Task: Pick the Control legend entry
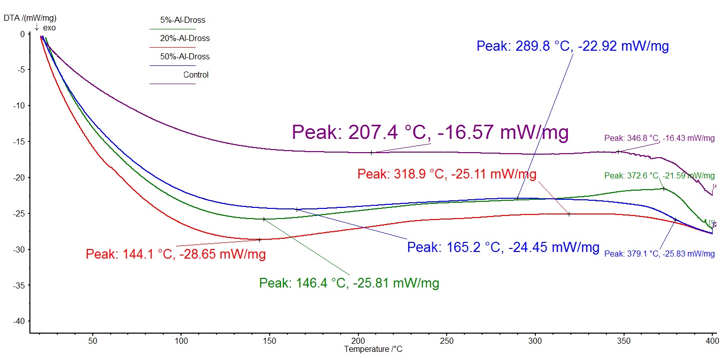(196, 75)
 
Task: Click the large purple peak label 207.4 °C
(430, 133)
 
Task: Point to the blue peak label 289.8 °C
(572, 47)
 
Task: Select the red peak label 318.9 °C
(447, 174)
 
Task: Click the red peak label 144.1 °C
(175, 255)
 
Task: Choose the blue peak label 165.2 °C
(503, 248)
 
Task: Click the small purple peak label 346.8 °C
(659, 138)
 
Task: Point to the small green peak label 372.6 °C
(659, 176)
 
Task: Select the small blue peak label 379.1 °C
(659, 254)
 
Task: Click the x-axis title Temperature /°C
(373, 349)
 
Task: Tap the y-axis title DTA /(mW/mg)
(30, 18)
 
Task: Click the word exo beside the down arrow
(49, 28)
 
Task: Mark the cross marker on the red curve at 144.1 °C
(260, 240)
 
